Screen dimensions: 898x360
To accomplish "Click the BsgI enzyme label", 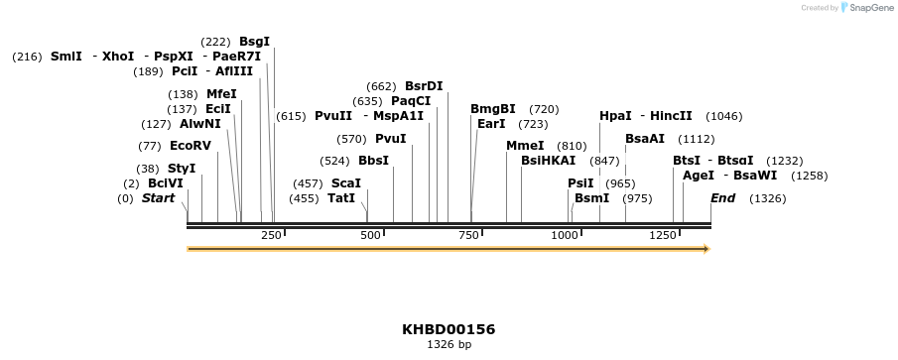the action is [254, 42].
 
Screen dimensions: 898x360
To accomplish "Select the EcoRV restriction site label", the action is [190, 146].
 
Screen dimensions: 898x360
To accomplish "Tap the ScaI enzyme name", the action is [345, 183].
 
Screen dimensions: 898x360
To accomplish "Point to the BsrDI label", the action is [424, 85].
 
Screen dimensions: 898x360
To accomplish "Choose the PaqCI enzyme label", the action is [411, 100].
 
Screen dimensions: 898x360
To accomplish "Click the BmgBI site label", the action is [493, 109].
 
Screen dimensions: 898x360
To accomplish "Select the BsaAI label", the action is [645, 139].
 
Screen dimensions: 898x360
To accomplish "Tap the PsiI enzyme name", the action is [580, 183].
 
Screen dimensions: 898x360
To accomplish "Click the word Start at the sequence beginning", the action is [158, 198].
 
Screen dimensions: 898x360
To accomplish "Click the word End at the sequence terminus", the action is [722, 198].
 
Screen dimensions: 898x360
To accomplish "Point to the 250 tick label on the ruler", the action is [271, 235].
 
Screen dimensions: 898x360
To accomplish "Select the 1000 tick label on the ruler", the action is [565, 235].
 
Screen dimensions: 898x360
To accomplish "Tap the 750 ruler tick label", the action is [466, 235].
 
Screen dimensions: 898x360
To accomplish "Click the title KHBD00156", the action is [449, 329].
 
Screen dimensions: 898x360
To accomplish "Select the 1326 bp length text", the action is [449, 345].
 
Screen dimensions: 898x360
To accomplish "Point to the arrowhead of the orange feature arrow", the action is [706, 249].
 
